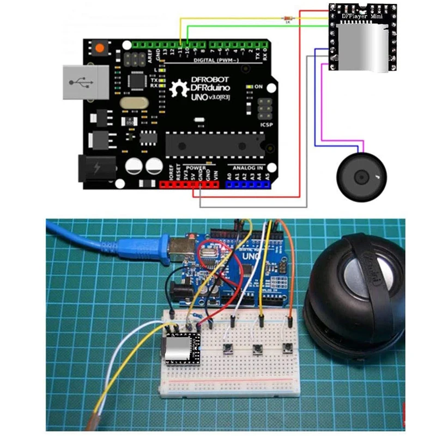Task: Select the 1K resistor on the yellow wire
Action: [x=288, y=19]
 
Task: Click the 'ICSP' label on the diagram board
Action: [x=267, y=124]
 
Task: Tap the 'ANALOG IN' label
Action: [x=248, y=168]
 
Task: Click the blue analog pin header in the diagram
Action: [x=248, y=184]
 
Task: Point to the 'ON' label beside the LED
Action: [x=258, y=87]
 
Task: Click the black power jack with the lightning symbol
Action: [x=98, y=167]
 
